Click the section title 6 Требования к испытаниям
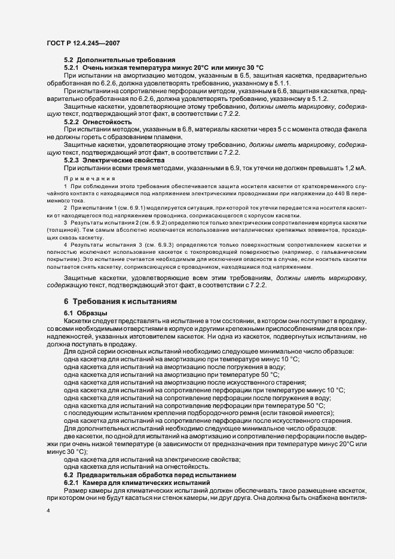(x=120, y=302)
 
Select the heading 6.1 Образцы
(x=85, y=314)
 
